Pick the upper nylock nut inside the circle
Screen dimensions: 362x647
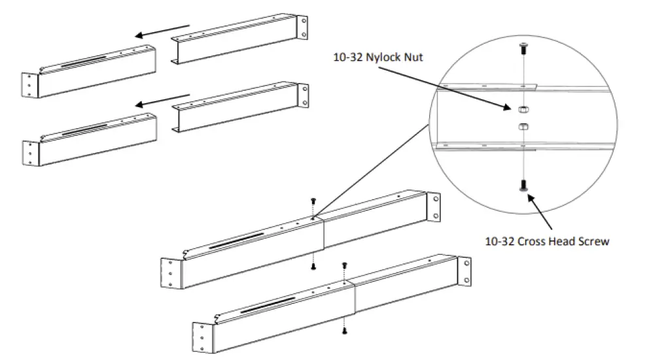point(521,108)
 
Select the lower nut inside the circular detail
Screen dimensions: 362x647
point(521,125)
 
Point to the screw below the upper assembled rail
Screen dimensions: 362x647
point(313,266)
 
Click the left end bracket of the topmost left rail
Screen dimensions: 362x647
point(30,84)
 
